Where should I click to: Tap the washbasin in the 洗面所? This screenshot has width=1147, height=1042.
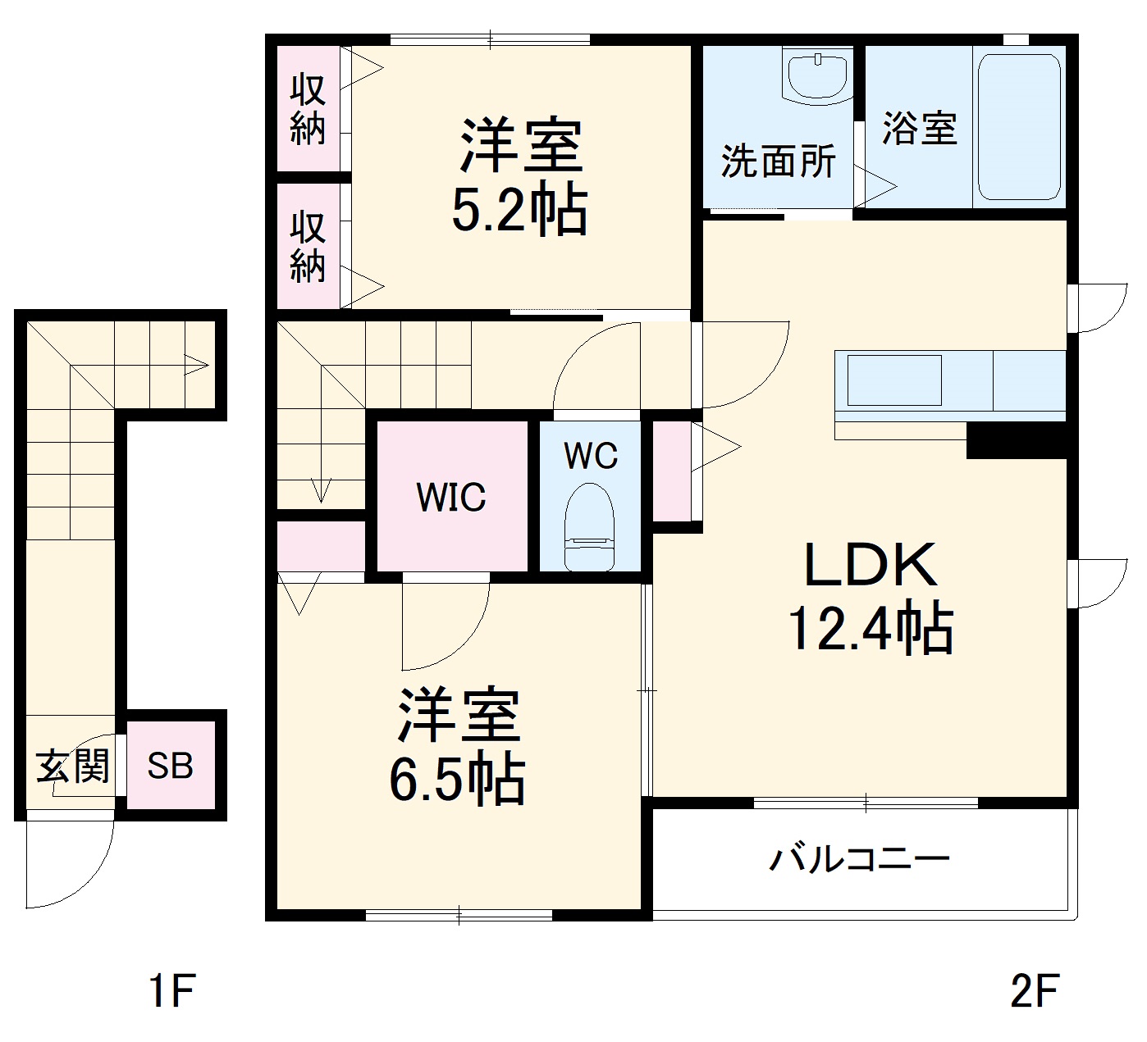[x=817, y=74]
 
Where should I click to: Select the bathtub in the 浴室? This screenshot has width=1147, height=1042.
[x=1019, y=127]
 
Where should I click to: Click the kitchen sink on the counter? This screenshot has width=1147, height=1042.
[x=893, y=380]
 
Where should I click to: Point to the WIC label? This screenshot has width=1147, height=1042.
[x=451, y=498]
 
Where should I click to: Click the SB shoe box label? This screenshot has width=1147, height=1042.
[x=171, y=766]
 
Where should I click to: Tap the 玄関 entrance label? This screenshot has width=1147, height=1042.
[x=72, y=767]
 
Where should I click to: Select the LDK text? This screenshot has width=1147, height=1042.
[x=870, y=566]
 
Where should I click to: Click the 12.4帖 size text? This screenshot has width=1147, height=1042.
[x=870, y=630]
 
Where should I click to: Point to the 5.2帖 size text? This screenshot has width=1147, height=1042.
[x=519, y=211]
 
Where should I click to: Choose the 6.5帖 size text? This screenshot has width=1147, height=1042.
[x=457, y=780]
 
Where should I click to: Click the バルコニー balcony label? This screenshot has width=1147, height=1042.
[x=859, y=859]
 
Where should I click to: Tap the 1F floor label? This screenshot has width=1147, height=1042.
[x=172, y=990]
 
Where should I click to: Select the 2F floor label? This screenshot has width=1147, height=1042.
[x=1035, y=990]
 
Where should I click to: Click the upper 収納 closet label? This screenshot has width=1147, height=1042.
[x=308, y=109]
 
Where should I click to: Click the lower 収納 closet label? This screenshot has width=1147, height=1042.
[x=308, y=246]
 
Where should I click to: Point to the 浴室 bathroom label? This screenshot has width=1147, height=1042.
[x=919, y=129]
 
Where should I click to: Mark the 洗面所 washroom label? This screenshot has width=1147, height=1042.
[x=778, y=162]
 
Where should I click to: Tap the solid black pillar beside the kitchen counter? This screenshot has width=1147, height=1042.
[x=1016, y=440]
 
